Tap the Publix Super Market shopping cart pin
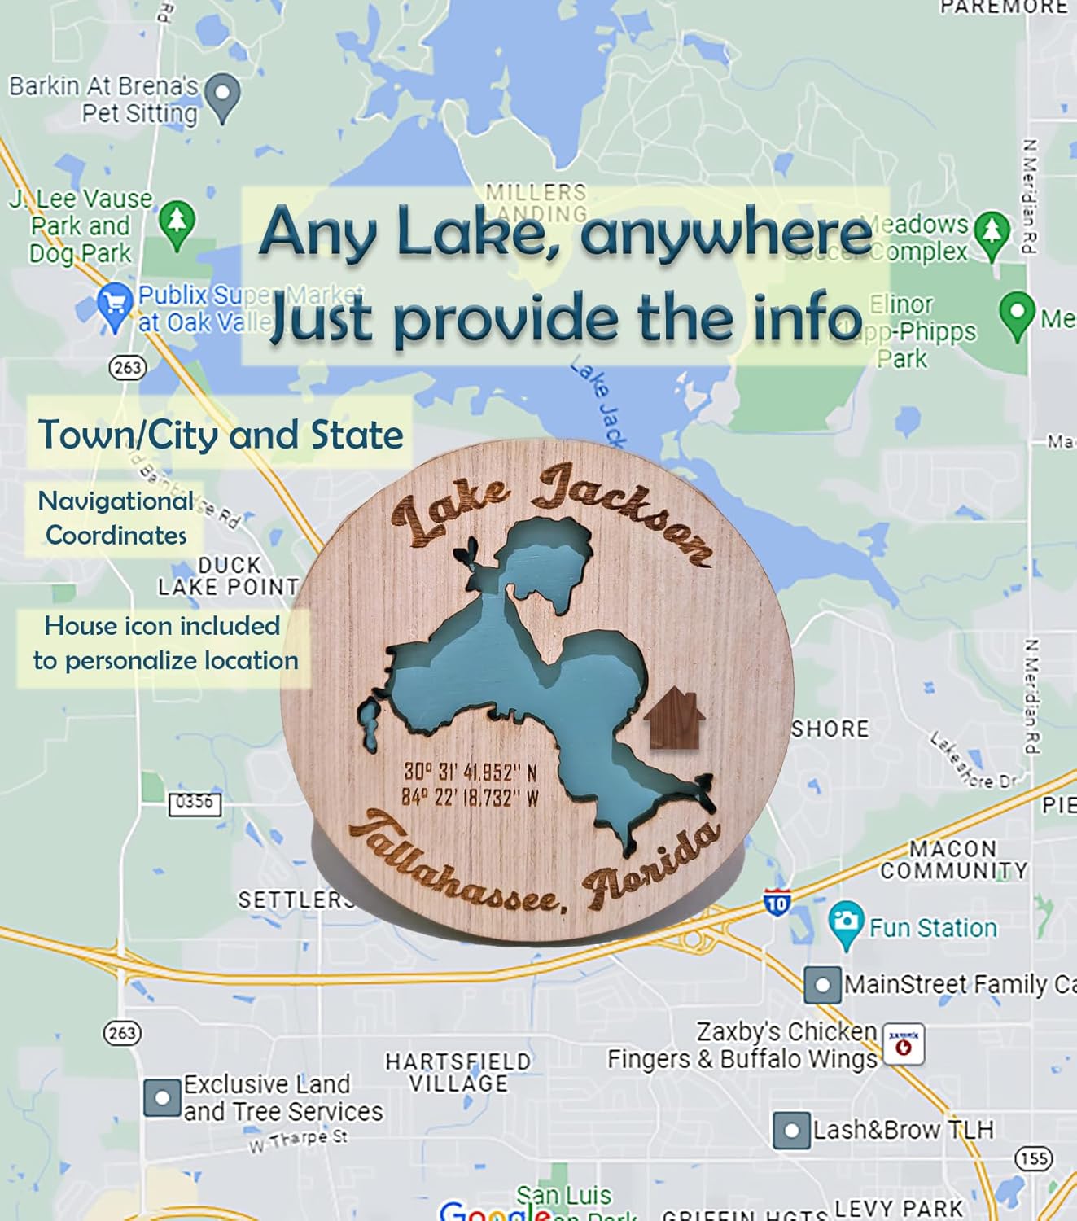[x=115, y=305]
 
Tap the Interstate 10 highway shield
[x=777, y=903]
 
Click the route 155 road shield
[x=1034, y=1158]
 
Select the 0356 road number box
[x=195, y=803]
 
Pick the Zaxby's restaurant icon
[x=904, y=1044]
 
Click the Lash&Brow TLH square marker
[x=791, y=1130]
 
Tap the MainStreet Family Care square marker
[x=822, y=985]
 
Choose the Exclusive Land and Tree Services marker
[x=162, y=1097]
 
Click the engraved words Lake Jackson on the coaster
[x=554, y=513]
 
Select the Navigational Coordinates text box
[x=115, y=518]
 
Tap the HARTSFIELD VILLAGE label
[x=458, y=1072]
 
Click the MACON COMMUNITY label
[x=953, y=860]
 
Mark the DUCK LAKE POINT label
[x=228, y=575]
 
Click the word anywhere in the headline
[x=726, y=234]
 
